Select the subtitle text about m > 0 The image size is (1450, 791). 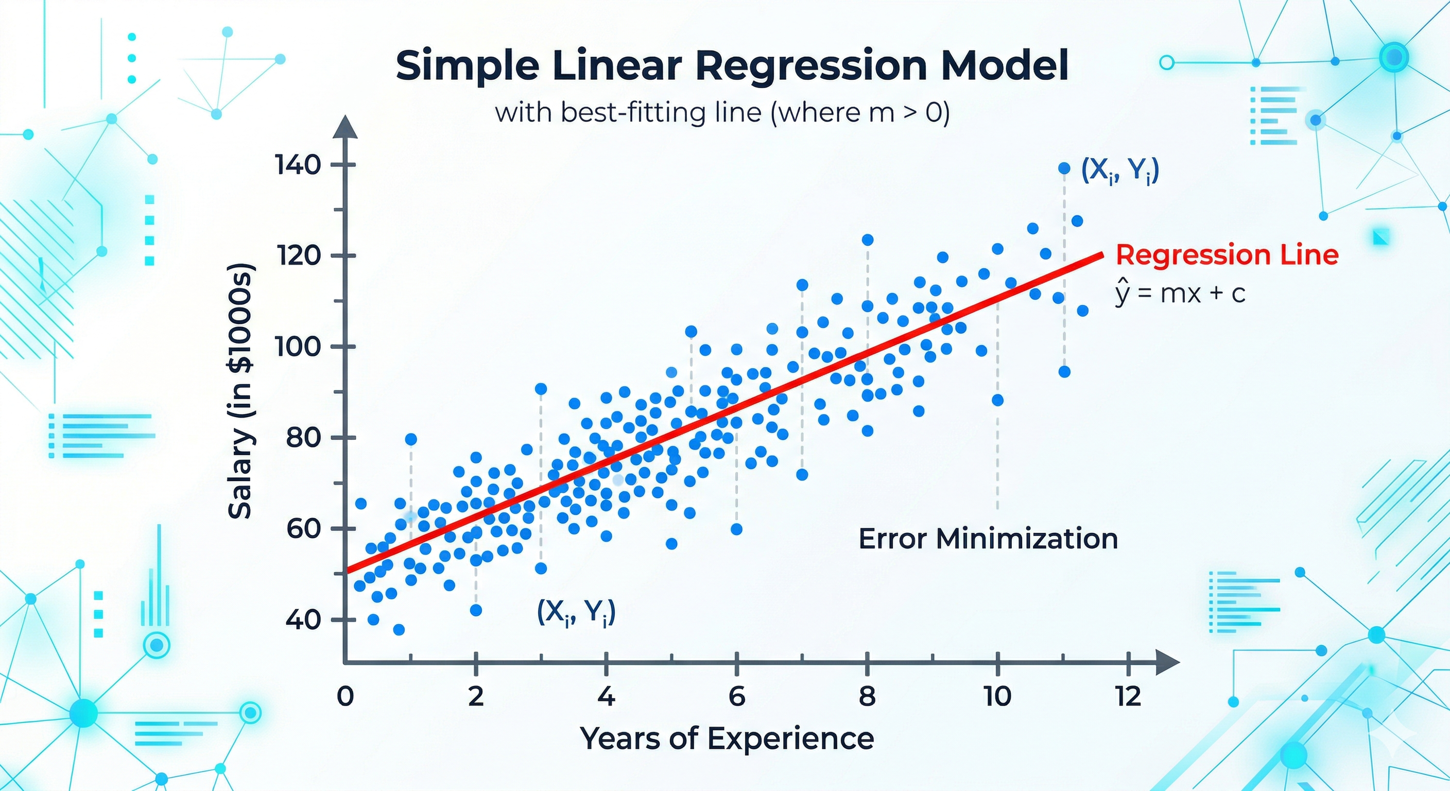coord(722,113)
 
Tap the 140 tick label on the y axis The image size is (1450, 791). coord(298,165)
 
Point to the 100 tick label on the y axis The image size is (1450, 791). coord(298,346)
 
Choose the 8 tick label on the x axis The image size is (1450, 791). coord(867,697)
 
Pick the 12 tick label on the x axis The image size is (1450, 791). coord(1128,697)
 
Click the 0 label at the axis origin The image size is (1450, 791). coord(345,697)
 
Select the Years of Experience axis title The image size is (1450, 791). coord(727,738)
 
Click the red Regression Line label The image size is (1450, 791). coord(1227,255)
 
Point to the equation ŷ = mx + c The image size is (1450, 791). coord(1180,294)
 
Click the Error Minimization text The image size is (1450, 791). coord(988,539)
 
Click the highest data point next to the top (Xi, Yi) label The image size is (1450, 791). coord(1064,168)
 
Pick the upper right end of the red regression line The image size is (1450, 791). coord(1101,255)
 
